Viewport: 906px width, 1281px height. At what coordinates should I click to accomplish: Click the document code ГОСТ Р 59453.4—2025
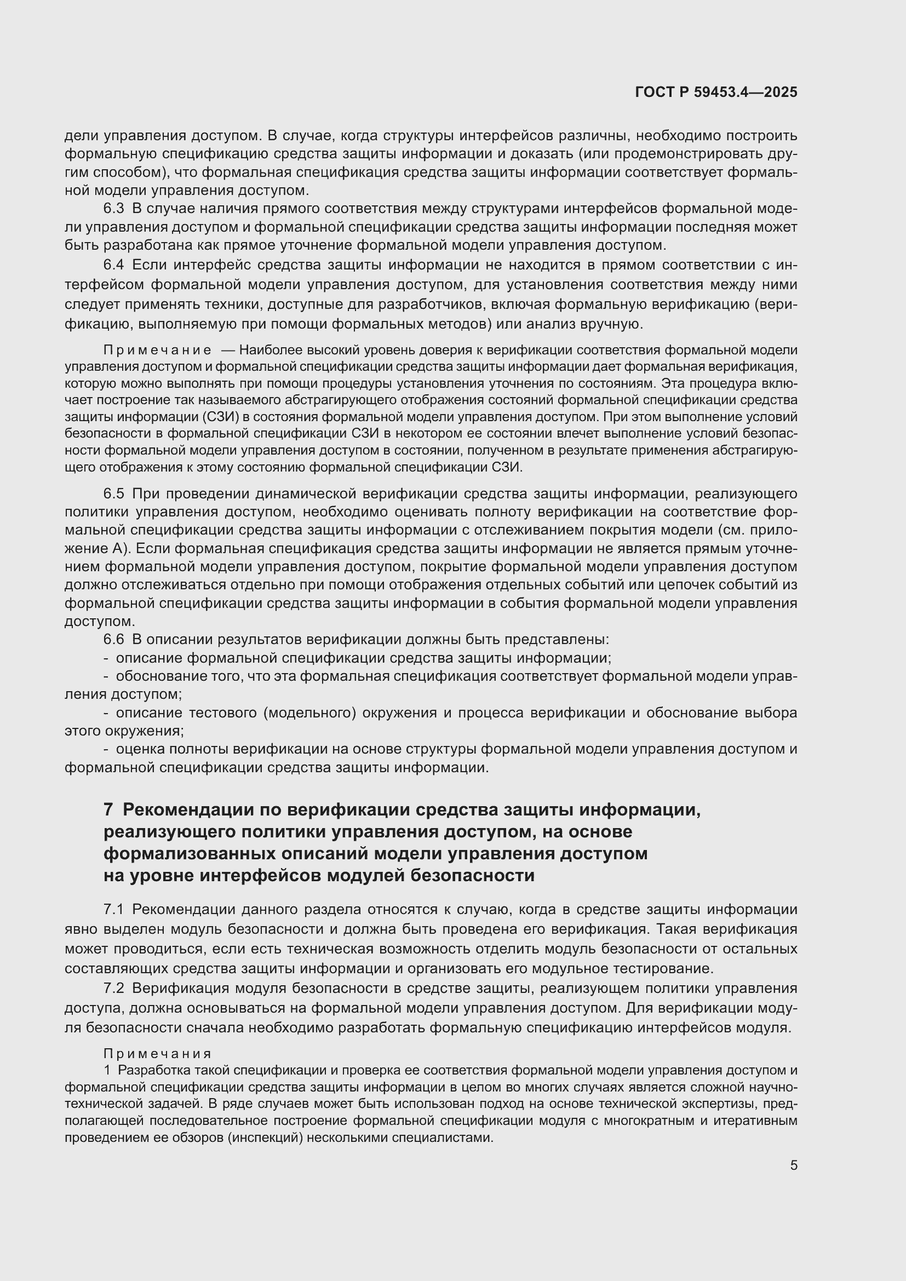[x=716, y=93]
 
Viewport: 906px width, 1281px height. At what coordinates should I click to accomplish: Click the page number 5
[x=793, y=1165]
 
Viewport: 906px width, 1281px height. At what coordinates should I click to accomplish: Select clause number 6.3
[x=113, y=209]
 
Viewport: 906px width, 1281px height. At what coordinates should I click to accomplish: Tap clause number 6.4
[x=113, y=265]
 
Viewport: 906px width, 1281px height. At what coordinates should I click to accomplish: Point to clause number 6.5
[x=113, y=494]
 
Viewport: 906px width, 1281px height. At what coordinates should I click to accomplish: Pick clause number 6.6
[x=113, y=639]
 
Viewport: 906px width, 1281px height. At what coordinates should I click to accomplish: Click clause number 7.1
[x=113, y=910]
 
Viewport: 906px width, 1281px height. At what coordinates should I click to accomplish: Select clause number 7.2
[x=113, y=988]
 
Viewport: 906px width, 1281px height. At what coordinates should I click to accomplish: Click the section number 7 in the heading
[x=109, y=809]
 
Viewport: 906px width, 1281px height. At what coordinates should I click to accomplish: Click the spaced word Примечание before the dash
[x=157, y=351]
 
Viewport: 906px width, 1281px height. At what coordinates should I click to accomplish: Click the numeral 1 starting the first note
[x=107, y=1071]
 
